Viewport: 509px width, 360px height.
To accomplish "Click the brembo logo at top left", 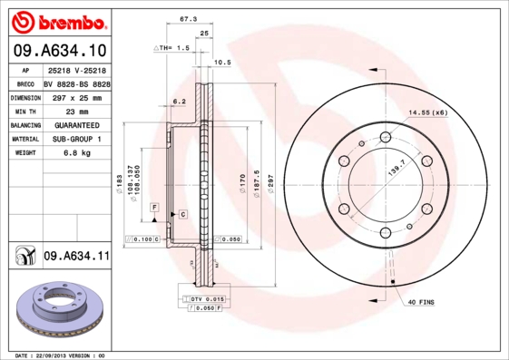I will (59, 21).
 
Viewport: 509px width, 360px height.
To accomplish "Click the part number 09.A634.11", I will (76, 257).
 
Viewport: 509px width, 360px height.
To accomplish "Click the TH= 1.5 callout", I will (172, 47).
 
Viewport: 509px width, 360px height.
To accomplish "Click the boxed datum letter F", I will (155, 209).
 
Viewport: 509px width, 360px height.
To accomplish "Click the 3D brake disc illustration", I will (61, 313).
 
